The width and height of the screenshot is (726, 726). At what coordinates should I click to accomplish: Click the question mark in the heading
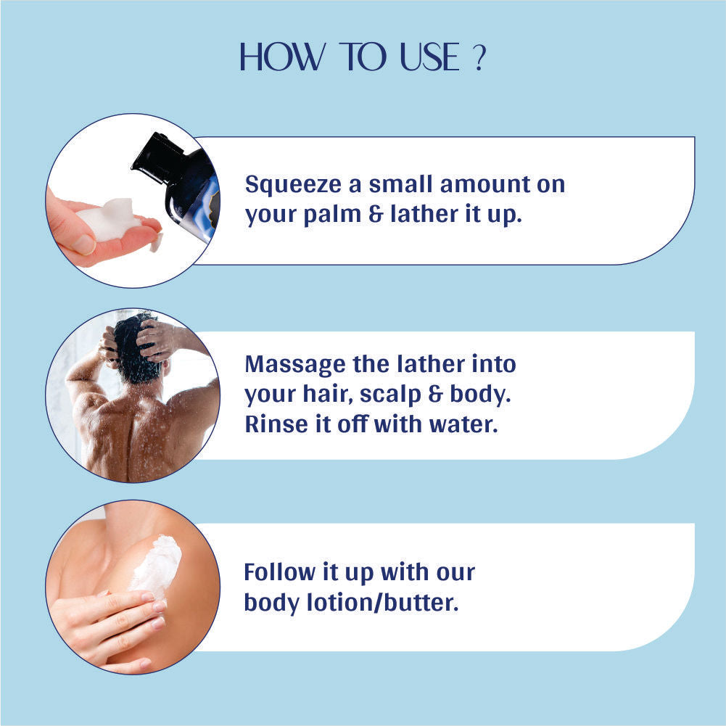click(480, 58)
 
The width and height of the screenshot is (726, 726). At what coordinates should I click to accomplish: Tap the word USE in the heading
click(429, 57)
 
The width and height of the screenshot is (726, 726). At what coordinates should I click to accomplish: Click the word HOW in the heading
click(282, 57)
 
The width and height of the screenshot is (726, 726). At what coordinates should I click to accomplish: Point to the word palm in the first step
click(332, 215)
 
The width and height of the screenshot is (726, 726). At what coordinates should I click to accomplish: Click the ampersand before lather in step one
click(376, 214)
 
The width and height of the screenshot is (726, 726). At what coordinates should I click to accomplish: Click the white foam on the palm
click(110, 218)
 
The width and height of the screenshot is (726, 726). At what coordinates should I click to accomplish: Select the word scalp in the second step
click(390, 395)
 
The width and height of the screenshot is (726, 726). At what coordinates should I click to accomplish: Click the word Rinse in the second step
click(276, 424)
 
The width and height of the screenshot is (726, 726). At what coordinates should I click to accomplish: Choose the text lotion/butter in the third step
click(383, 603)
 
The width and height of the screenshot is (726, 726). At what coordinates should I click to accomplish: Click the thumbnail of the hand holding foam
click(133, 200)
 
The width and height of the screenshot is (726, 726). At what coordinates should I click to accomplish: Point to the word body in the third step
click(271, 603)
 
